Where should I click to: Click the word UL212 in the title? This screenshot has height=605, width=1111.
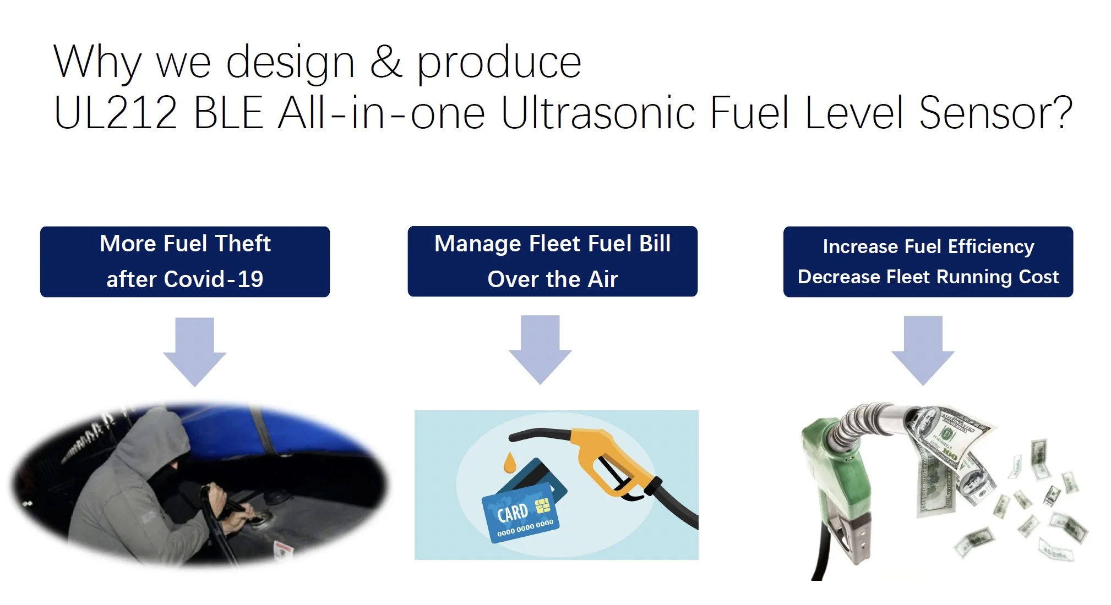click(116, 113)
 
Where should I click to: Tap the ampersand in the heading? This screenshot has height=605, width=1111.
click(386, 62)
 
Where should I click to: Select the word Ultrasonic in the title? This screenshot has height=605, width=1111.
click(598, 113)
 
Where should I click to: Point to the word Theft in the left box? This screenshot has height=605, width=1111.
click(243, 243)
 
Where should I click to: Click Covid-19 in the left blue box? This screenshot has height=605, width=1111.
click(214, 279)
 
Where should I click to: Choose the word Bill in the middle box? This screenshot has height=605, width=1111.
click(655, 243)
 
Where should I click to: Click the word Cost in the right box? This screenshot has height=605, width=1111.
click(1039, 277)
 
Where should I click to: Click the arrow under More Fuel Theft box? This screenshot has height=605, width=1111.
click(195, 352)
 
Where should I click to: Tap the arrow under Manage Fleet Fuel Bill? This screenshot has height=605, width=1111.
click(540, 350)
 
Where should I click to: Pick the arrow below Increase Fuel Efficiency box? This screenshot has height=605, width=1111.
click(923, 351)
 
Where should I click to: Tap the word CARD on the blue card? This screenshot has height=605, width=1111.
click(513, 513)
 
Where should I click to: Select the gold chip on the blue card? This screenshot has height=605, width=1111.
click(543, 505)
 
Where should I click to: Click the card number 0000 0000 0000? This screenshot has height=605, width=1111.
click(525, 529)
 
